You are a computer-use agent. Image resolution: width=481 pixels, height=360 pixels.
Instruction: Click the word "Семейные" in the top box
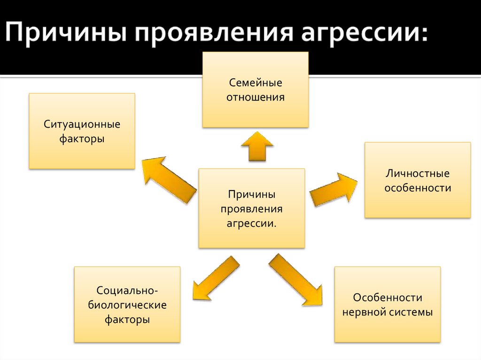[x=256, y=83]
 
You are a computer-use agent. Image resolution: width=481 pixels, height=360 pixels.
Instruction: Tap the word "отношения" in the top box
[x=256, y=98]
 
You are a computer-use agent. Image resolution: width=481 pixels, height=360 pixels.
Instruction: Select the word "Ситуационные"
[x=82, y=124]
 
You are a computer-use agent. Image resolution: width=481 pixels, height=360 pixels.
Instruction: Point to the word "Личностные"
[x=418, y=174]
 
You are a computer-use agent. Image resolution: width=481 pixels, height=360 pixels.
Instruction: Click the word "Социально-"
[x=127, y=290]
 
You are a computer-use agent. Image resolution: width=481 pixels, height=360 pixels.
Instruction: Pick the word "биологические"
[x=127, y=305]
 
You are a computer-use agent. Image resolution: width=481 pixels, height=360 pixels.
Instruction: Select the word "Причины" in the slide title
[x=66, y=35]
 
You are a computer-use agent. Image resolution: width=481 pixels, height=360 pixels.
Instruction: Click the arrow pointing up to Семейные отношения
[x=257, y=146]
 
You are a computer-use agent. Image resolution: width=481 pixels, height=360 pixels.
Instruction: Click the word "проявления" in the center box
[x=252, y=209]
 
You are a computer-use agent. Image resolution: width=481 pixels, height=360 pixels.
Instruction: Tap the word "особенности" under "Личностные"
[x=418, y=188]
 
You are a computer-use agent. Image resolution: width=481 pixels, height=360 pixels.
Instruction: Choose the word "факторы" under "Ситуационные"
[x=82, y=139]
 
